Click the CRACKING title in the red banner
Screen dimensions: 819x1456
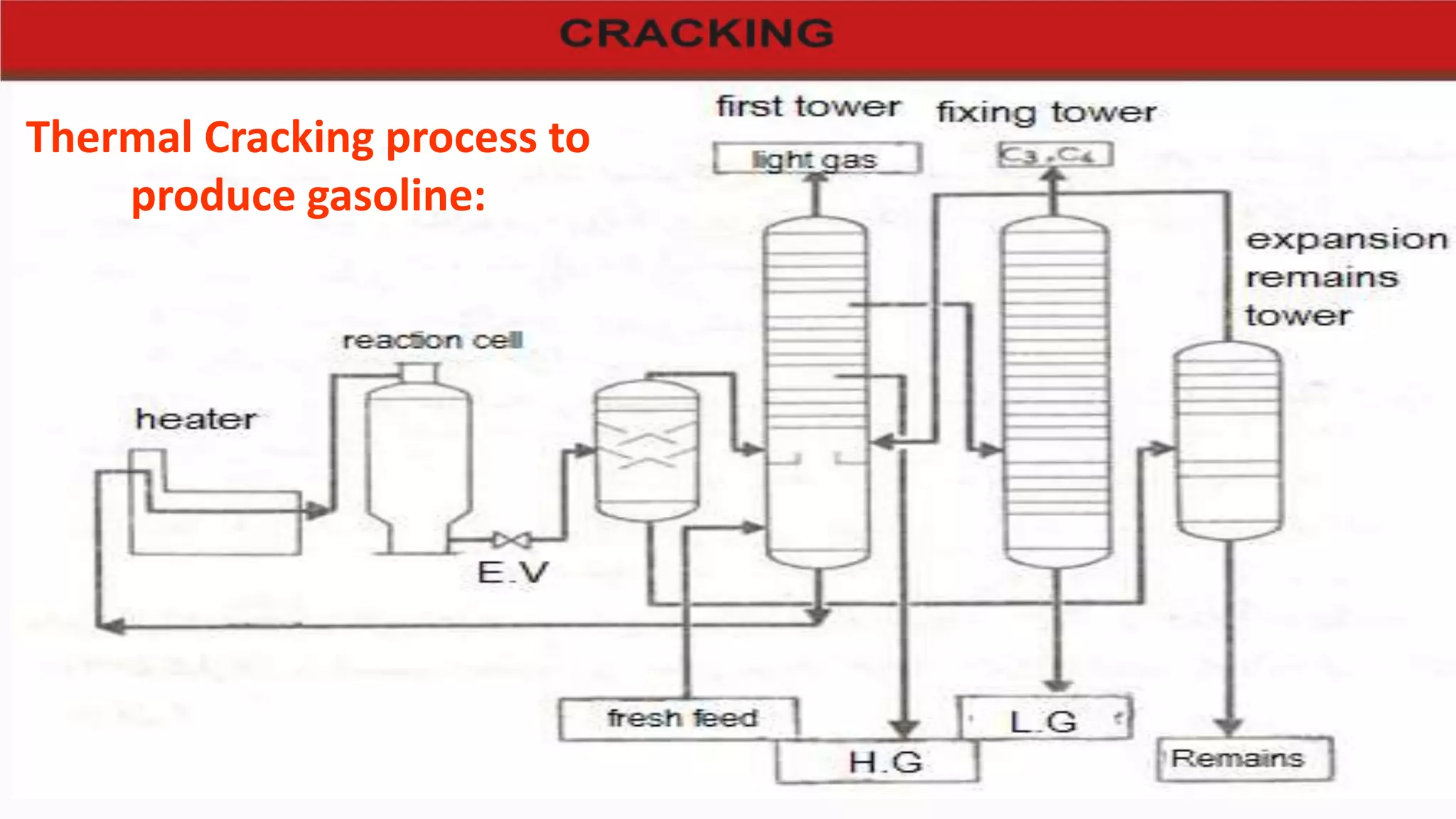696,33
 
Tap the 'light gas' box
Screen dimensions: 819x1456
817,159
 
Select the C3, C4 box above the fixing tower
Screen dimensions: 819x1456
1055,154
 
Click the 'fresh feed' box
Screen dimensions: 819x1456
678,719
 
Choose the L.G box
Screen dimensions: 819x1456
1044,719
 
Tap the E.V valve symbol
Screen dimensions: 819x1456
512,541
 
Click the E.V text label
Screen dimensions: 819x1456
513,573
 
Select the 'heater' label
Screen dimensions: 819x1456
196,419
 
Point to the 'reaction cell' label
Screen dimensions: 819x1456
432,341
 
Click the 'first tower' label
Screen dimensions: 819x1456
808,107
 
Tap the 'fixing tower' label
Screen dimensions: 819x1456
1046,112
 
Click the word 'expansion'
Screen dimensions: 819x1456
1347,240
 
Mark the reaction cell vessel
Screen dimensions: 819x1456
418,455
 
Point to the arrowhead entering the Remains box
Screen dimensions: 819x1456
1228,727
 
